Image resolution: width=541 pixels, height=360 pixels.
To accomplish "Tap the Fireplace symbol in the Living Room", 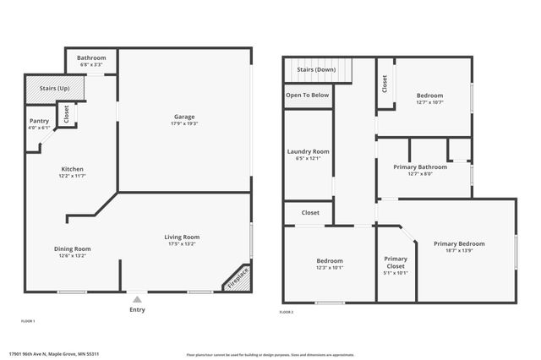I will [x=238, y=279].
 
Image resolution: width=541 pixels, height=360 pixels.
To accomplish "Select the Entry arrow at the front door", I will [x=137, y=298].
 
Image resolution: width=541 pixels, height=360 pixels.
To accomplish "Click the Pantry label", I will [x=39, y=121].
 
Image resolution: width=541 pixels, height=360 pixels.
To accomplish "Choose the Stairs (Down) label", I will [x=316, y=70].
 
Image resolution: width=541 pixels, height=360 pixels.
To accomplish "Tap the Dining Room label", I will [x=73, y=248].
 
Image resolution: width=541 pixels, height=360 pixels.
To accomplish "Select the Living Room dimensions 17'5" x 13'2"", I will [x=181, y=244].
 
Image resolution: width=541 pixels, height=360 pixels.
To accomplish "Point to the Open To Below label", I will [x=308, y=95].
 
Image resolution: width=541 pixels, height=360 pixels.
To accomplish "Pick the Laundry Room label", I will [x=309, y=151].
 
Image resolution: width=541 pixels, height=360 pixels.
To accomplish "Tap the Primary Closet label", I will [x=396, y=259].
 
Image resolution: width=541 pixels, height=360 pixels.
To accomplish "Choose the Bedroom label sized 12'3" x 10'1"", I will [x=330, y=260].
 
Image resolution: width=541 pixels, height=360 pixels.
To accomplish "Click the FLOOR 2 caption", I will [x=286, y=313].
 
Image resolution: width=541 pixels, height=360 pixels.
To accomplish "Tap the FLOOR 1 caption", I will [x=28, y=321].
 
